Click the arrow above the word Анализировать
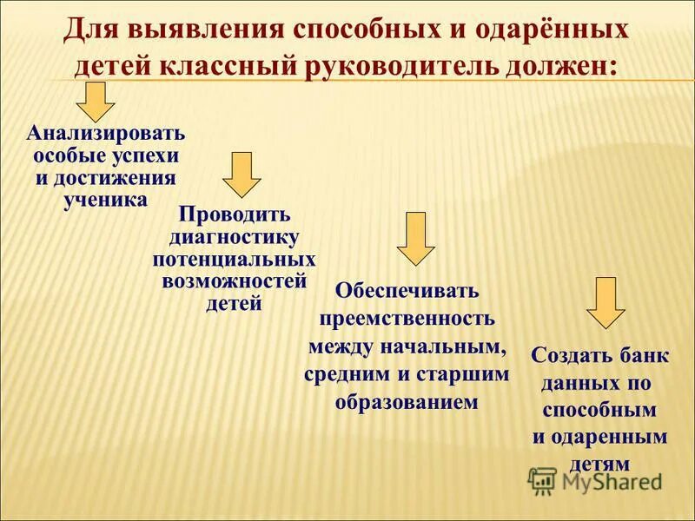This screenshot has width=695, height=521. pos(96,102)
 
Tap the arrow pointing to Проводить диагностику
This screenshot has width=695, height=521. pos(242,174)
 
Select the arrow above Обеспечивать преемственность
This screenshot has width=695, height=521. pos(416,237)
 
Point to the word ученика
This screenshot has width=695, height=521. pos(105,198)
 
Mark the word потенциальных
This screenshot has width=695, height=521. pos(235,260)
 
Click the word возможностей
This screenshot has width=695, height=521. pos(235,281)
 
